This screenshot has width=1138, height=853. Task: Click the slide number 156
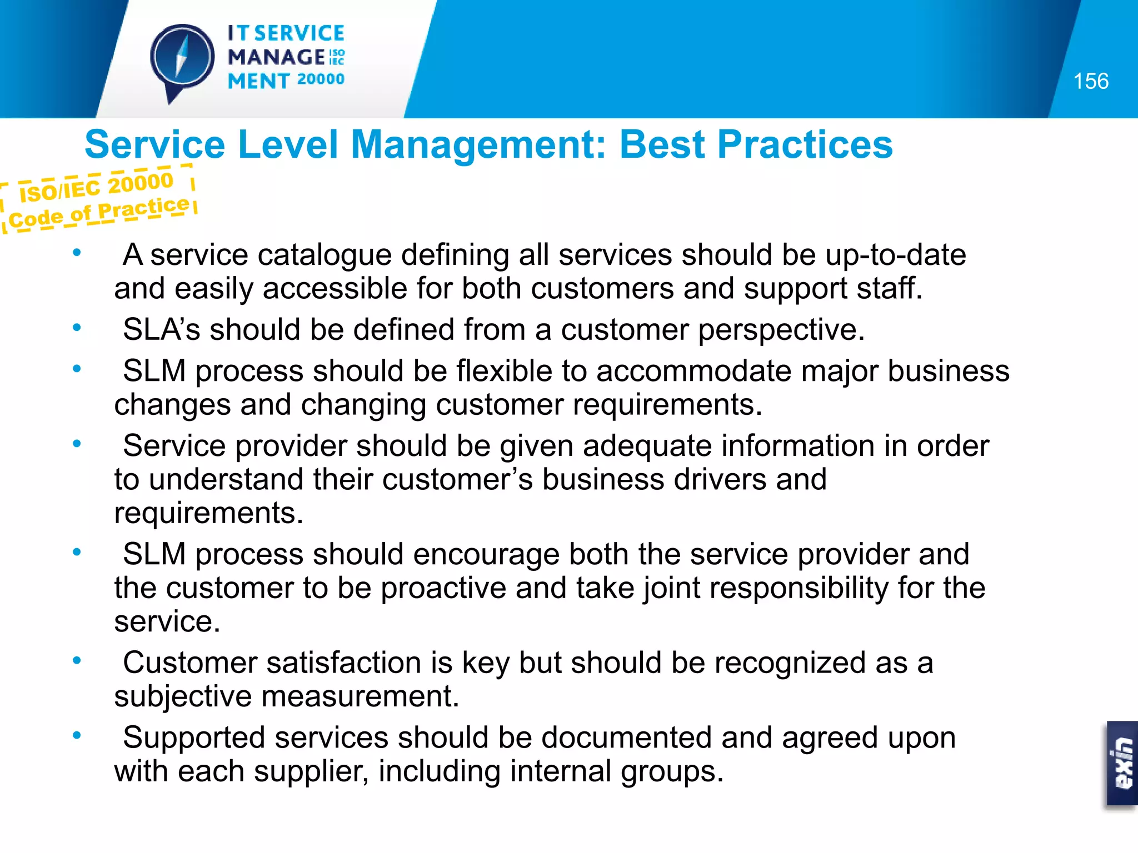tap(1090, 82)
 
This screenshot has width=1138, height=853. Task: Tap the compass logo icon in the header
tap(182, 59)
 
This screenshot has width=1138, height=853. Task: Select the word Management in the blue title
tap(478, 145)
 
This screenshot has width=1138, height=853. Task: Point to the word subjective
tap(183, 698)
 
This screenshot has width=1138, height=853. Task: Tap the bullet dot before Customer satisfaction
tap(77, 660)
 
